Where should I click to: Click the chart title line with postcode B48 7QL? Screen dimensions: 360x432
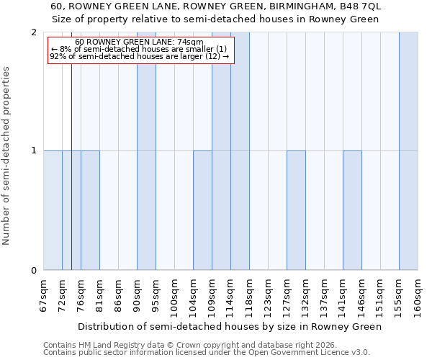[x=216, y=6]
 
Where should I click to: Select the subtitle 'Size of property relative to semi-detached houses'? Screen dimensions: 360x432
[x=216, y=19]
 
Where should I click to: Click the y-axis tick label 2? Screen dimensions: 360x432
[x=34, y=32]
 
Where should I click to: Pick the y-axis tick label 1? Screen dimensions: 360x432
[x=34, y=150]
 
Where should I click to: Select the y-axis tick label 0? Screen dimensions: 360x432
[x=34, y=271]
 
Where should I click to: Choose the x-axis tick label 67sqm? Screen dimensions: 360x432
[x=43, y=295]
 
